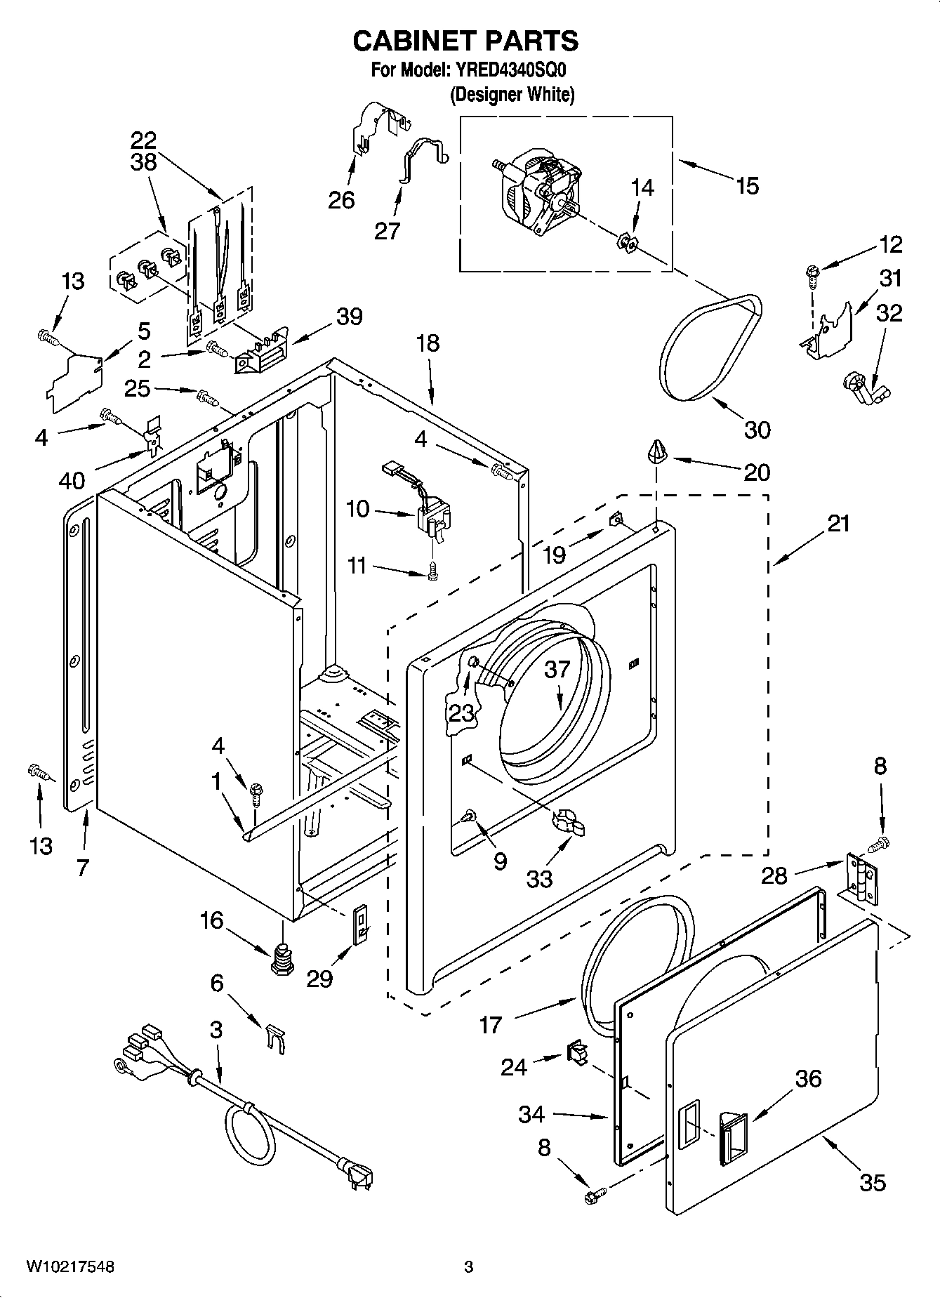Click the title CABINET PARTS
click(465, 41)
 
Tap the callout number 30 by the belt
click(757, 430)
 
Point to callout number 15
click(748, 186)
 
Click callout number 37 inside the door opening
click(557, 669)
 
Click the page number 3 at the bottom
click(468, 1267)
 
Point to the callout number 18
click(428, 343)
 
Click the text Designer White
click(512, 95)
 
